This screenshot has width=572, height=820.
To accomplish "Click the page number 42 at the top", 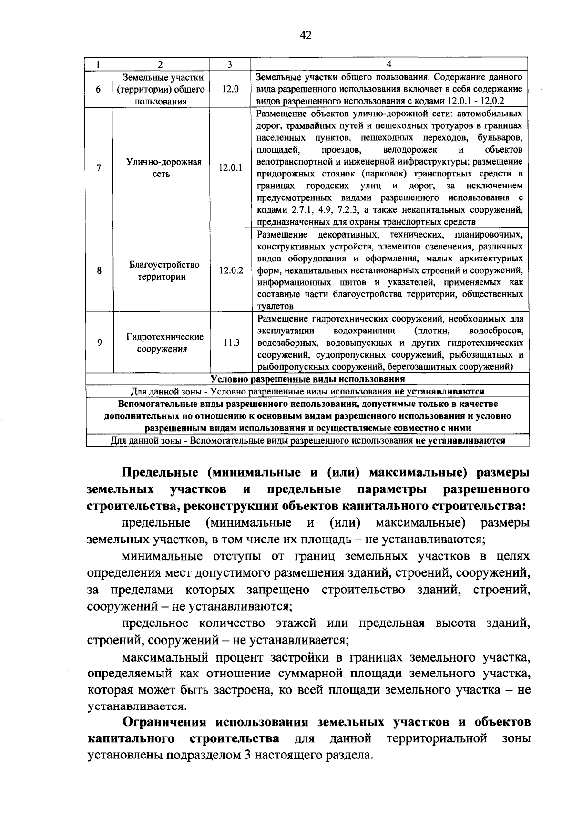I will [306, 35].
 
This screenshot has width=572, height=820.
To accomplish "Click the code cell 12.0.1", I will [230, 168].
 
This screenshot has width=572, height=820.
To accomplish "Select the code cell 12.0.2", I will [231, 270].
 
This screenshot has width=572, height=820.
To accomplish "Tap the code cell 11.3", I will [231, 343].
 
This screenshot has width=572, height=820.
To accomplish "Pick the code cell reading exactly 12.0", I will [230, 89].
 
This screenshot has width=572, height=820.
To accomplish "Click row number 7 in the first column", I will [99, 168].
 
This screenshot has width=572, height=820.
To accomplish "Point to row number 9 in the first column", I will [99, 343].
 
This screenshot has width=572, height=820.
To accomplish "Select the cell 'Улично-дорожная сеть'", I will [161, 168].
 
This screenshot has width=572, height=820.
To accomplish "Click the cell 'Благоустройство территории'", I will [162, 270].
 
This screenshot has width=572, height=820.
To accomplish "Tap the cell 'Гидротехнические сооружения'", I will [162, 343].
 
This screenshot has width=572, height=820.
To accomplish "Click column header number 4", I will [389, 64].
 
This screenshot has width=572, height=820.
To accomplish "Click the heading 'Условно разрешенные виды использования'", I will [307, 379].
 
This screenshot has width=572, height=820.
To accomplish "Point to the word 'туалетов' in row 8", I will [275, 306].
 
